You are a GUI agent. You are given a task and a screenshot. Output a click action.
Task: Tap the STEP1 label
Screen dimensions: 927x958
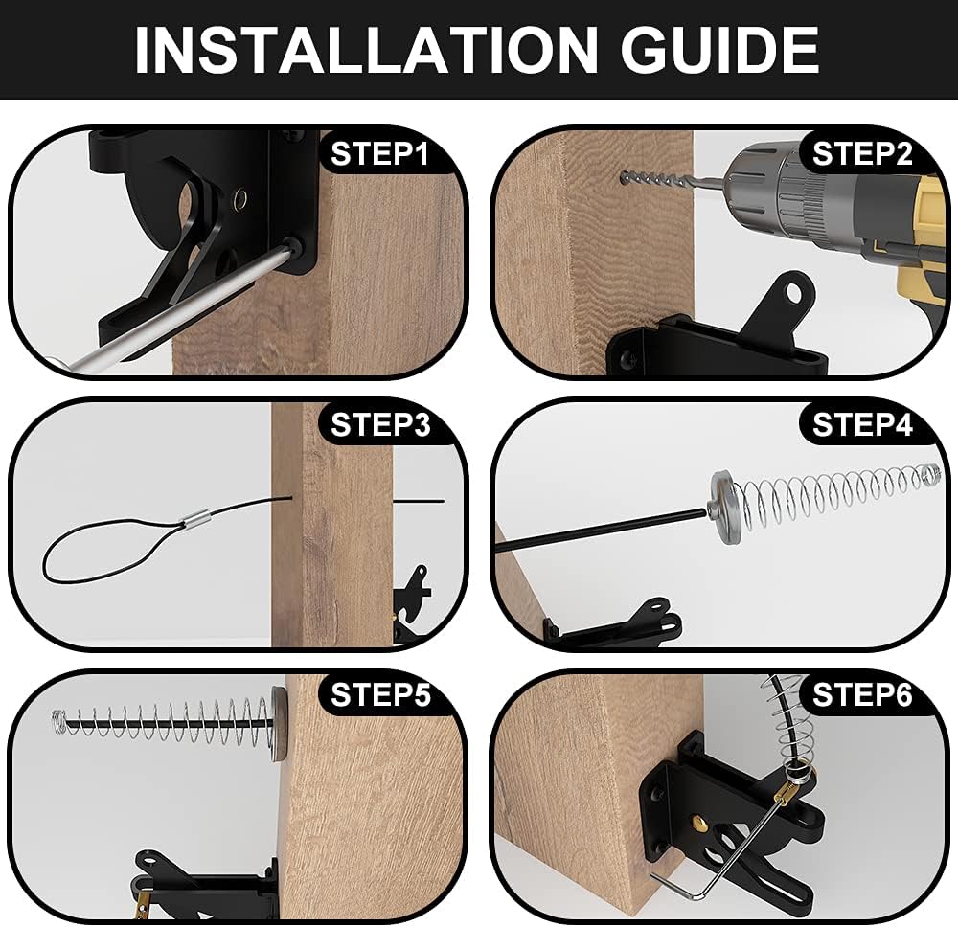coord(379,153)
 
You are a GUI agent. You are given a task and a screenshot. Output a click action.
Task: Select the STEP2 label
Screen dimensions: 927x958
coord(862,153)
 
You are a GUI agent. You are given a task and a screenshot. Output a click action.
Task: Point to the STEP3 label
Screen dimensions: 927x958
coord(379,425)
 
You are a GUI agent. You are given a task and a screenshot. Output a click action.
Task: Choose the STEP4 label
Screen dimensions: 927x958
coord(862,425)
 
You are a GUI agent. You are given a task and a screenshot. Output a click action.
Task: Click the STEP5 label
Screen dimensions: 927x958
coord(379,696)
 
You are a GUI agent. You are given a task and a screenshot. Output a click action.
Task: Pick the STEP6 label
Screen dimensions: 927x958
coord(862,696)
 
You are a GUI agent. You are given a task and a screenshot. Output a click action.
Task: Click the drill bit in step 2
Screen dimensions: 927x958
coord(671,178)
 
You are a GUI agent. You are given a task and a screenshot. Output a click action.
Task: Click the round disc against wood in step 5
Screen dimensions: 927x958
coord(278,723)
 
